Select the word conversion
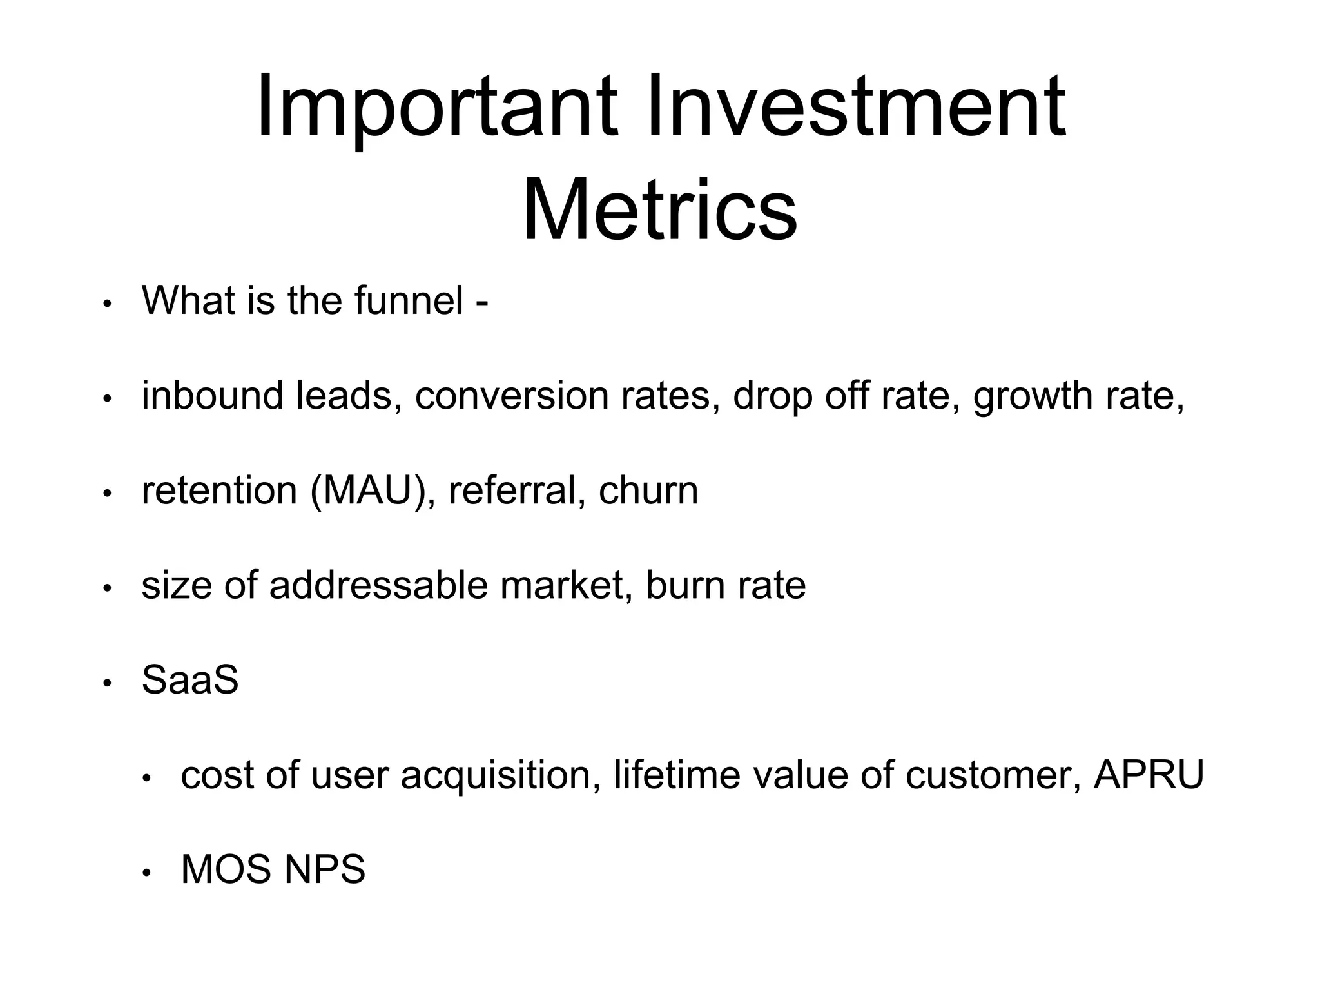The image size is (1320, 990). (512, 396)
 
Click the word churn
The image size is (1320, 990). (648, 490)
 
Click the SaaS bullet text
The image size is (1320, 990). (190, 680)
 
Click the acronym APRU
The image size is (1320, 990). (1149, 775)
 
